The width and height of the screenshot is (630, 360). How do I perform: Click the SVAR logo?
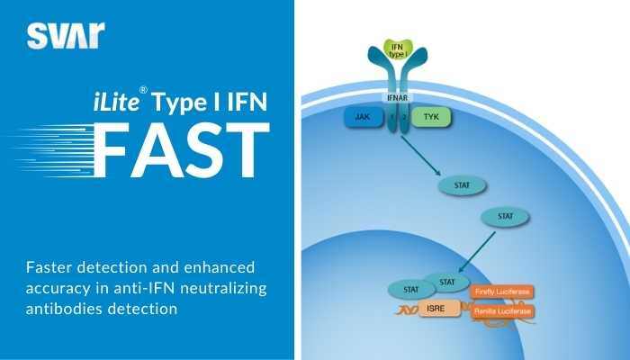coord(65,35)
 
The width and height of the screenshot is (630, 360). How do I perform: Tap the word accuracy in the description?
coord(59,287)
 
